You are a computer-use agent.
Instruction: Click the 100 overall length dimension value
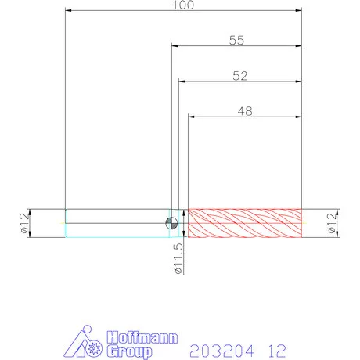pos(184,5)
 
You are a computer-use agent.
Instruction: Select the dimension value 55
pos(236,40)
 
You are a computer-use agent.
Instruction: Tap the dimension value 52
pos(240,76)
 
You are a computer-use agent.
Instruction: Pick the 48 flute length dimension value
pos(245,111)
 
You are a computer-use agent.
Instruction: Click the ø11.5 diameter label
pos(178,258)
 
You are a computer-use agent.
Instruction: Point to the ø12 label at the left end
pos(24,223)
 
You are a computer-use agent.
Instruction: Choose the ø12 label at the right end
pos(331,223)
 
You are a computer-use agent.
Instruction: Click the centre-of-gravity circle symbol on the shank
pos(171,223)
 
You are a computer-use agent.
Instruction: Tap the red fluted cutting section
pos(245,223)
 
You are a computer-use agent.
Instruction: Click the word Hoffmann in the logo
pos(142,337)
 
